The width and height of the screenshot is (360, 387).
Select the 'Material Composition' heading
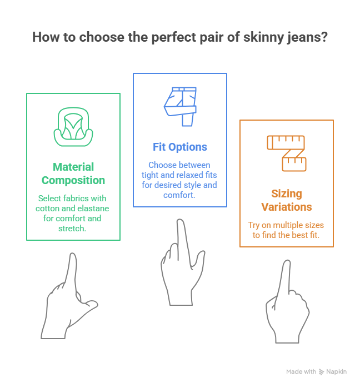tap(73, 173)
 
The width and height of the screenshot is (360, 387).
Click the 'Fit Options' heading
tap(180, 147)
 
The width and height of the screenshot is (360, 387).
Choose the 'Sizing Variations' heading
tap(287, 201)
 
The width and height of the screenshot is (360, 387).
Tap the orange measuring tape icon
tap(287, 151)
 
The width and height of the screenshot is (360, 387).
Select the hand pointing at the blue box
tap(179, 267)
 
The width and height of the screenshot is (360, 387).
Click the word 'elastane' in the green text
tap(92, 208)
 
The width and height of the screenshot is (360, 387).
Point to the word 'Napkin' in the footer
tap(337, 372)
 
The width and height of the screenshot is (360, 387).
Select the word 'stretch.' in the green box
tap(73, 228)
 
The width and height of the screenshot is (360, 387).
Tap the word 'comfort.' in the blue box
tap(179, 195)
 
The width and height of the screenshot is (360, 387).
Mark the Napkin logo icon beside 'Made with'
tap(322, 372)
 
